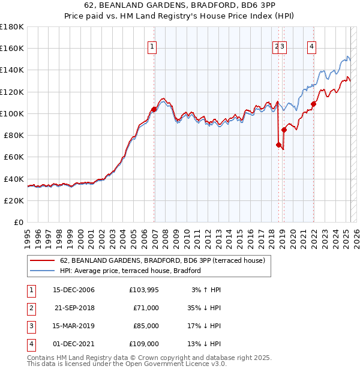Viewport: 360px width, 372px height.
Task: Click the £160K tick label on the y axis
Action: (12, 49)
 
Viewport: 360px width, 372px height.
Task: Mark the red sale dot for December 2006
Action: (154, 109)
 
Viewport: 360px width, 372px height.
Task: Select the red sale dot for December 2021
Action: (313, 104)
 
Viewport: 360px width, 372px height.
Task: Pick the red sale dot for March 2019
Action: (284, 130)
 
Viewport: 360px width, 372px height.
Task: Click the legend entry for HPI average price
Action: (130, 271)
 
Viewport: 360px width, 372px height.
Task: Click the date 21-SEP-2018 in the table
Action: (74, 308)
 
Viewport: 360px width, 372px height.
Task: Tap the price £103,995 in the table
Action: (143, 290)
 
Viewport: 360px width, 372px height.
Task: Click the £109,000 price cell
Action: (143, 344)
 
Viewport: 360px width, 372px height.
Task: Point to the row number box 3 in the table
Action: (31, 326)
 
